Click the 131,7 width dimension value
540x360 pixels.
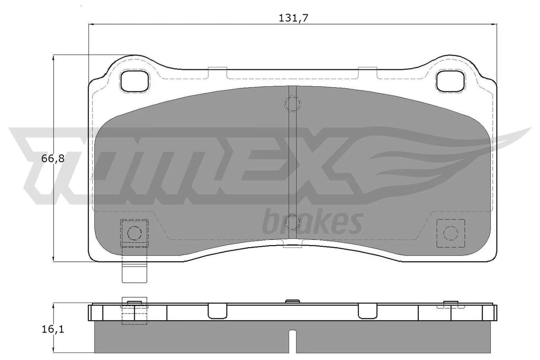tap(293, 18)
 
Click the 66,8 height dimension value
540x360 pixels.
tap(53, 159)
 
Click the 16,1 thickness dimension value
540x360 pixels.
tap(53, 329)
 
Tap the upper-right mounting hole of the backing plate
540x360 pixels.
tap(451, 81)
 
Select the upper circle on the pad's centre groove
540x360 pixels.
tap(293, 104)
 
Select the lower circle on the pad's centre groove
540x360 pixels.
tap(292, 222)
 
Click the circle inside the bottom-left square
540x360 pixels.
tap(134, 233)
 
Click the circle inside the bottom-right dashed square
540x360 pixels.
tap(451, 233)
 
